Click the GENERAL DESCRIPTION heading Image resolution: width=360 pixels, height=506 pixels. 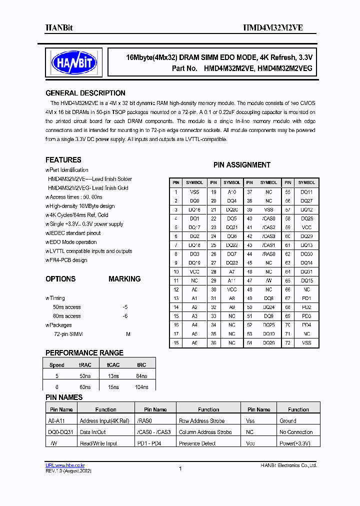[85, 93]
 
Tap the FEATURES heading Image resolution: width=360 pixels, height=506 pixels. [63, 160]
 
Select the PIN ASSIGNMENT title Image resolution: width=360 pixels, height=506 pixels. [242, 165]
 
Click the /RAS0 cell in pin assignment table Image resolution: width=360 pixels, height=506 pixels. [268, 254]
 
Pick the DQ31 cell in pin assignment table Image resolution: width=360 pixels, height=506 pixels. [306, 272]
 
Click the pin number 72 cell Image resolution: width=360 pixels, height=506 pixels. [288, 343]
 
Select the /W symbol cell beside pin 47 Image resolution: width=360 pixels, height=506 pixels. [268, 281]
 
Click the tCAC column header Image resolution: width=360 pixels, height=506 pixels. [113, 365]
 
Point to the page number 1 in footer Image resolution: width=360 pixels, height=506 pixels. [180, 468]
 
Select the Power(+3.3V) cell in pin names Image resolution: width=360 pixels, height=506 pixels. [295, 443]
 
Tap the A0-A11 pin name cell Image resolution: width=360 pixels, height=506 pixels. [55, 421]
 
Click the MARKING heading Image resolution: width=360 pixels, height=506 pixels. [124, 279]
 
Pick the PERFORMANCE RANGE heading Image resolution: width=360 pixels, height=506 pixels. [84, 353]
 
